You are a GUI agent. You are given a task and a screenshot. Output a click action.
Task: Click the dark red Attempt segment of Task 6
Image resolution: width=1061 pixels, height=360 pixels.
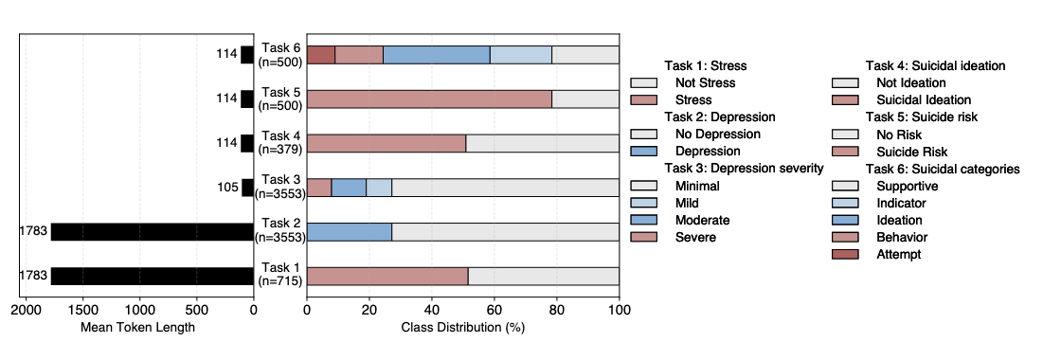click(320, 55)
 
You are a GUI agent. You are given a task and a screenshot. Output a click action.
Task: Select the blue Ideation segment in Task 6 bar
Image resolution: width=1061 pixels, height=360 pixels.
click(436, 55)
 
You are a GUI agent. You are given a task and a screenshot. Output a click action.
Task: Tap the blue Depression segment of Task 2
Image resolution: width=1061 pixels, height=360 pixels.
click(349, 232)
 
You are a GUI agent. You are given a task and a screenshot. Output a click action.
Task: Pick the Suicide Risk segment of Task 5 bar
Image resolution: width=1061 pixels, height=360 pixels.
click(429, 99)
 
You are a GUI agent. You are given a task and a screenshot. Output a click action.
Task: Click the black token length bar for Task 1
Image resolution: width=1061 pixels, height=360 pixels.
click(152, 277)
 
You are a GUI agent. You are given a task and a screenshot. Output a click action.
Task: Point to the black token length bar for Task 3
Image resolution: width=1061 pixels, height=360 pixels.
click(247, 188)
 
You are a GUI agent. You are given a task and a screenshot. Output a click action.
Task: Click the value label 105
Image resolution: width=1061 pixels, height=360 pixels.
click(227, 188)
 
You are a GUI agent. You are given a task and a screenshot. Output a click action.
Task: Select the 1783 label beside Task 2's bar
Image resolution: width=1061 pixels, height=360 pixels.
click(33, 232)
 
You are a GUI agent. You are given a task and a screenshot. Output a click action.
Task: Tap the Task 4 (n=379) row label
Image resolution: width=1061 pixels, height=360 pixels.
click(280, 143)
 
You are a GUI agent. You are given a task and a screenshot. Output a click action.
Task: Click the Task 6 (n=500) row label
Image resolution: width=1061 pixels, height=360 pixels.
click(280, 55)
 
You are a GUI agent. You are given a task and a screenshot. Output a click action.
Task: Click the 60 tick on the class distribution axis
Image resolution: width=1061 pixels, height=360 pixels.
click(494, 309)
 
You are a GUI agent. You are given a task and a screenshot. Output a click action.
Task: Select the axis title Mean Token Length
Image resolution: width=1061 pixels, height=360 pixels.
click(139, 328)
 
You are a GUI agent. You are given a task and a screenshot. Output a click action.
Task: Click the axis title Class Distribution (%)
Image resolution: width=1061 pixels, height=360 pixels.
click(462, 328)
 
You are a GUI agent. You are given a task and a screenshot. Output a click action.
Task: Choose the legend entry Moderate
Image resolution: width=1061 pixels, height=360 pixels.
click(702, 220)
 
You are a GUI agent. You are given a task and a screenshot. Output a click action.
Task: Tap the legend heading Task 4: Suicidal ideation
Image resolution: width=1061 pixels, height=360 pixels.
click(935, 66)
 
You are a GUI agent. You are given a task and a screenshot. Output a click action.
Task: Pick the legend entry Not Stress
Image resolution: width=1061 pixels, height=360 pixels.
click(705, 83)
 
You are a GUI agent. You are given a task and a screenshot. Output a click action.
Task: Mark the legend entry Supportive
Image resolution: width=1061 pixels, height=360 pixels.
click(907, 186)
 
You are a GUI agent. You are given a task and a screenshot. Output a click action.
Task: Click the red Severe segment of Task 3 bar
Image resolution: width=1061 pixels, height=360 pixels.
click(319, 188)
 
